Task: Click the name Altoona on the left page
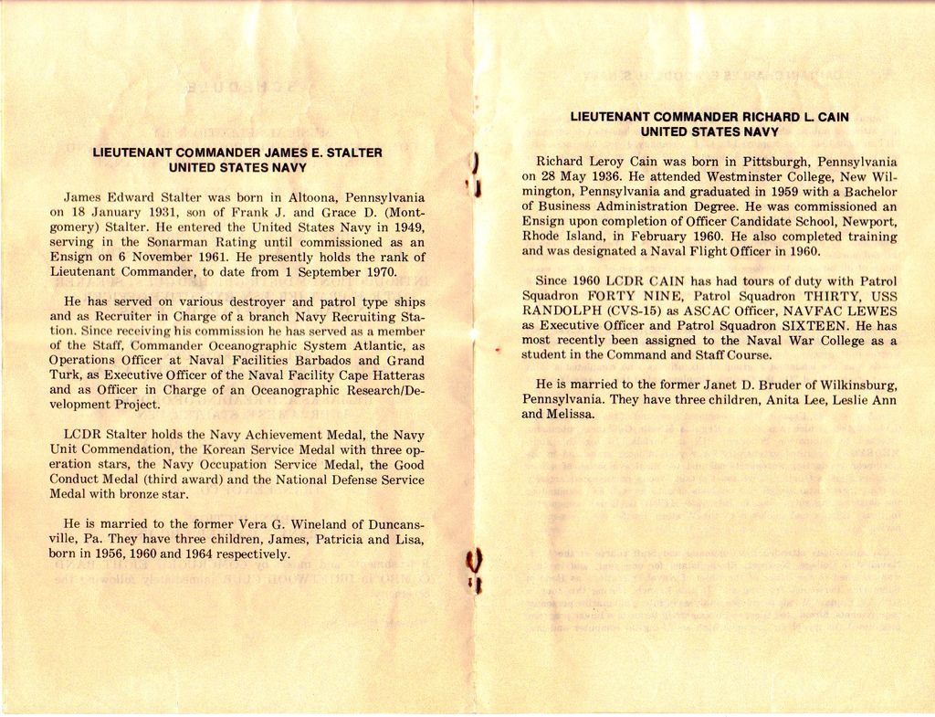[x=313, y=197]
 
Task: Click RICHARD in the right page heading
[x=774, y=117]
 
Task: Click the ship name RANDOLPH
[x=557, y=311]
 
